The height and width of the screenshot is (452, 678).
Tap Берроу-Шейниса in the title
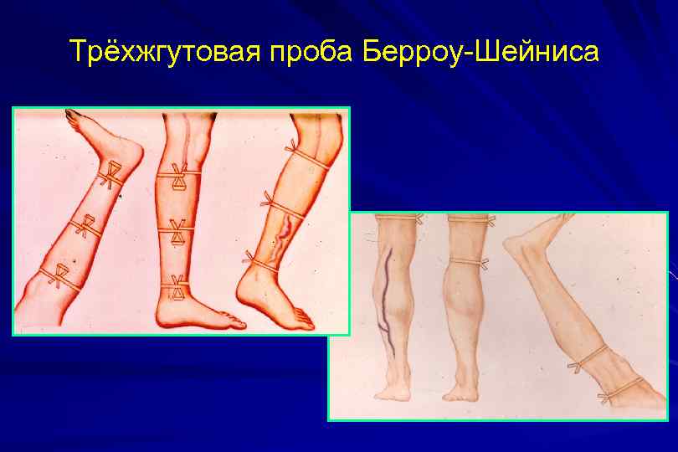[x=482, y=52]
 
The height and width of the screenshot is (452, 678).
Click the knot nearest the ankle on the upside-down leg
[x=110, y=176]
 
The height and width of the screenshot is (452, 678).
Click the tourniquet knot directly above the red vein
[x=269, y=200]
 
